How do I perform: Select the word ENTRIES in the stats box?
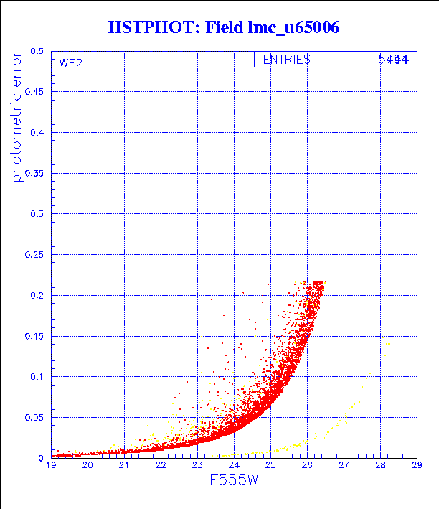point(286,60)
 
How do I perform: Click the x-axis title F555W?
point(233,480)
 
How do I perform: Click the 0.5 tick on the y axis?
point(37,52)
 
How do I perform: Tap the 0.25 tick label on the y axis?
point(34,255)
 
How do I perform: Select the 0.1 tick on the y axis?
point(37,376)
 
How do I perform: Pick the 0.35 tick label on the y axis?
point(34,174)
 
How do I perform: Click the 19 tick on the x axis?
point(52,466)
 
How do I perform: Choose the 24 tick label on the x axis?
point(234,466)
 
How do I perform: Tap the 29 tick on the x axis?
point(416,466)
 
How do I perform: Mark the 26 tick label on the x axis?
point(307,466)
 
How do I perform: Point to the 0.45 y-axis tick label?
point(34,93)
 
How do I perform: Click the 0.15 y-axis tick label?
point(34,336)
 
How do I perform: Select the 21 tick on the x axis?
point(124,466)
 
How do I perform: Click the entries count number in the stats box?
point(394,60)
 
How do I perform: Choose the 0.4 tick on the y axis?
point(37,133)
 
